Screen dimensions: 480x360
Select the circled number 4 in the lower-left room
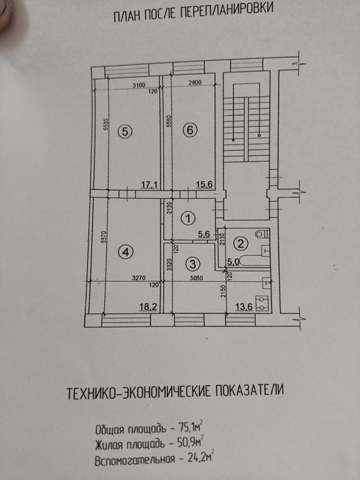(x=125, y=253)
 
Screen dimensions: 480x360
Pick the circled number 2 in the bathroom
(x=240, y=242)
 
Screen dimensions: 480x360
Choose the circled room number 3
(x=194, y=263)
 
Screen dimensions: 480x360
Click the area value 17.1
(x=149, y=184)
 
